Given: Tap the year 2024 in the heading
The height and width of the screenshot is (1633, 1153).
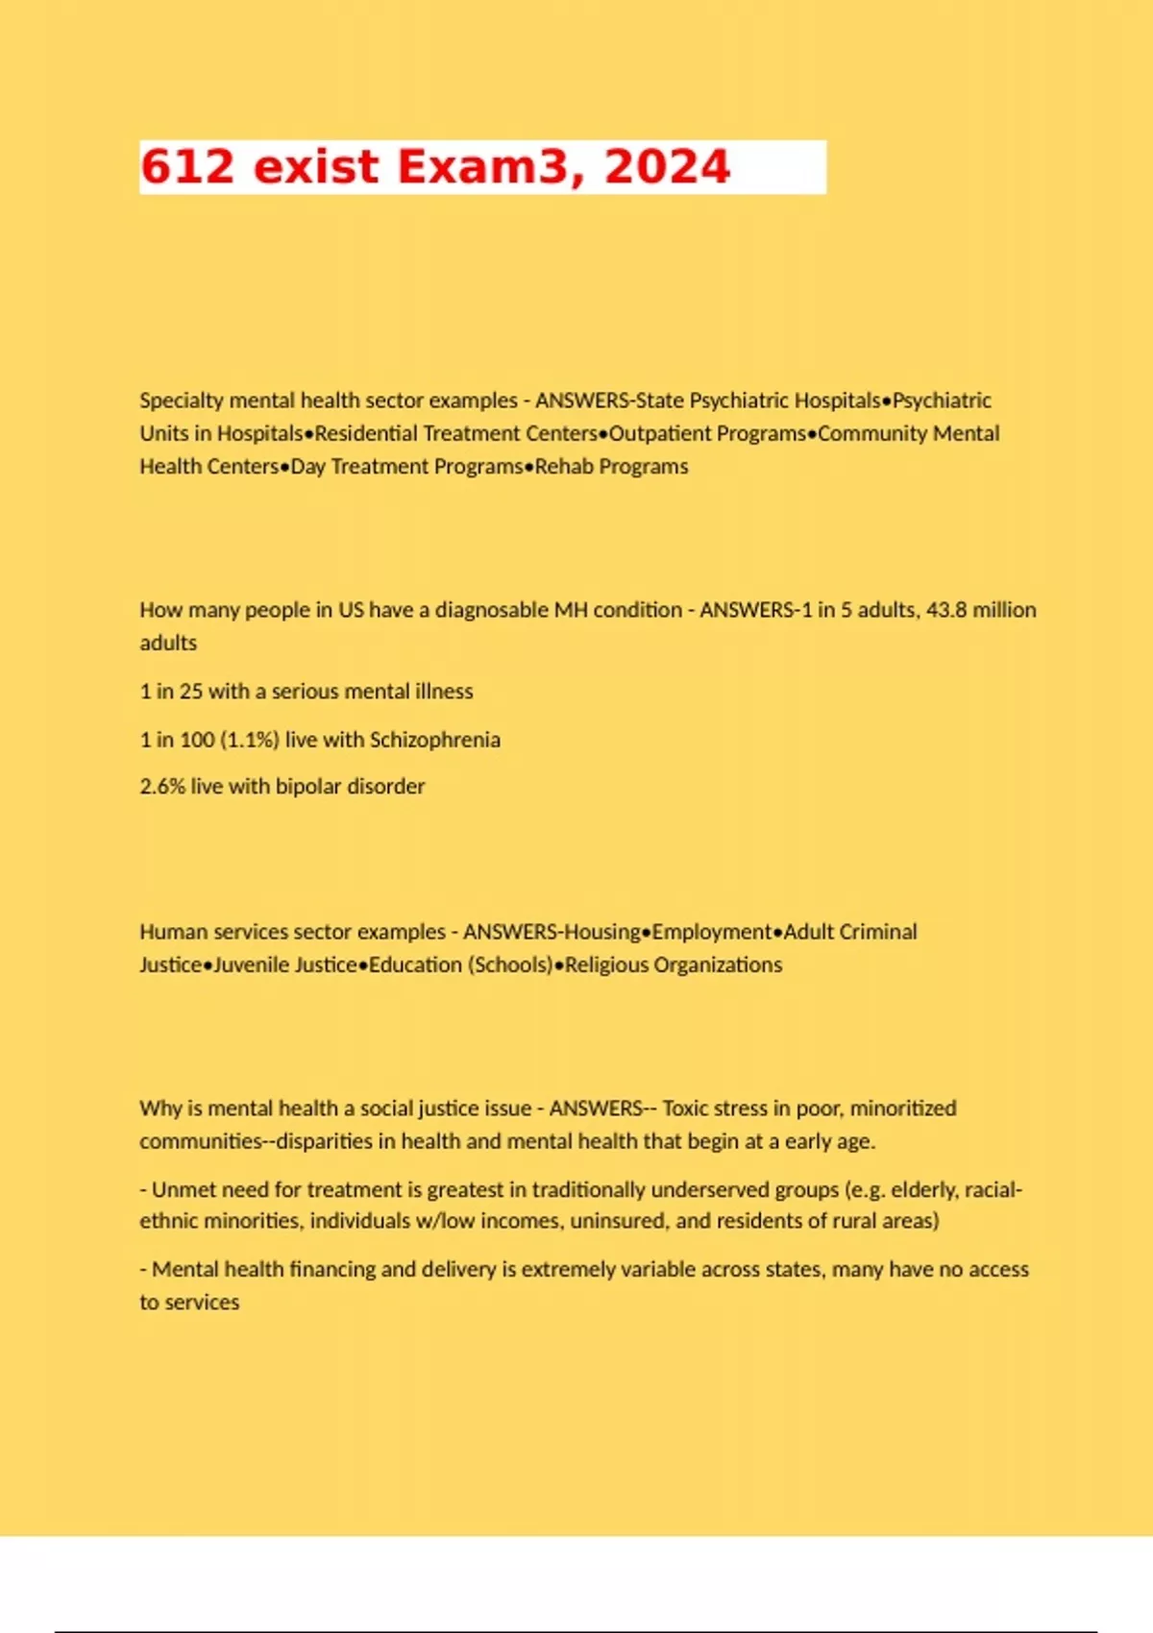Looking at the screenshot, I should [667, 167].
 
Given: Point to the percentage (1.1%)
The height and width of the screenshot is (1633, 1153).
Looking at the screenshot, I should [250, 740].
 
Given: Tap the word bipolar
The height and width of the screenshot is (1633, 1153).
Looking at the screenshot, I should [308, 787].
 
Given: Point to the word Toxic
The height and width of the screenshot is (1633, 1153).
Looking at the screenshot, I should [685, 1109].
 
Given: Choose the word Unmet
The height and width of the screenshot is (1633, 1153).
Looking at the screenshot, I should [183, 1190].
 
